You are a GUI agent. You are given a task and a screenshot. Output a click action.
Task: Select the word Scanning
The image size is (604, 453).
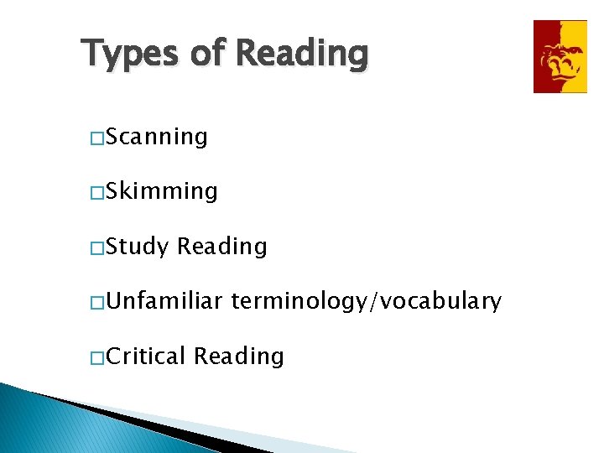[158, 137]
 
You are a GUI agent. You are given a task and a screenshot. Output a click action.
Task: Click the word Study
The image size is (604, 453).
[139, 247]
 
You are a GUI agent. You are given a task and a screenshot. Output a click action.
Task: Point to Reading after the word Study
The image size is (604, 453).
[222, 247]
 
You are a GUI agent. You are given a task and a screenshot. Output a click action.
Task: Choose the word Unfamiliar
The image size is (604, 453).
[164, 301]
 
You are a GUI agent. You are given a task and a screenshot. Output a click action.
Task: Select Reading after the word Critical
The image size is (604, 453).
[239, 357]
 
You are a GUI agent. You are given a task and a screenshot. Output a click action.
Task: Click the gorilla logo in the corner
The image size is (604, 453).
[560, 56]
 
